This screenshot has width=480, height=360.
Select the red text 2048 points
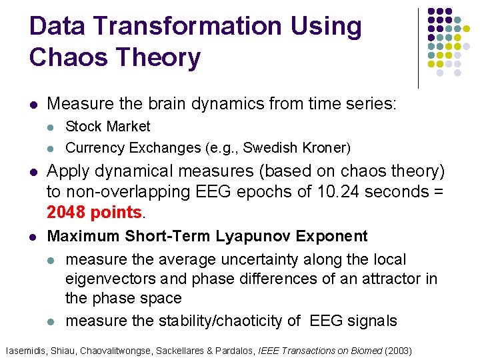[x=95, y=213]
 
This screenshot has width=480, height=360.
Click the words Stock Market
[x=108, y=126]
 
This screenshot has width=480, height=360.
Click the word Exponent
[x=332, y=236]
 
